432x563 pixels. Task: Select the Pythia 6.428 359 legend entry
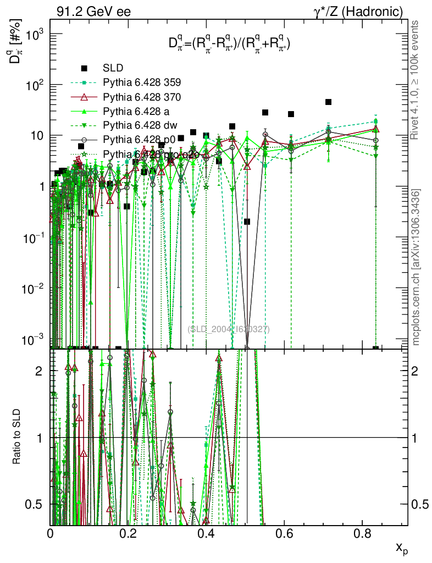pos(142,82)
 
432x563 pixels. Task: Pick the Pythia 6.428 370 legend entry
pos(142,97)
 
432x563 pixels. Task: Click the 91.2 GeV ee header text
pos(93,12)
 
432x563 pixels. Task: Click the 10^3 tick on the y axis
pos(34,34)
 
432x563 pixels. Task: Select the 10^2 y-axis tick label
pos(34,85)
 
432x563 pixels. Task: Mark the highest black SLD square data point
pos(329,102)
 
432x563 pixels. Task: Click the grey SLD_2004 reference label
pos(229,329)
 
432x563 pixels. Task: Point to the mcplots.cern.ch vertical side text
pos(416,267)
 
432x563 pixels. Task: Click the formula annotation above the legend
pos(230,44)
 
